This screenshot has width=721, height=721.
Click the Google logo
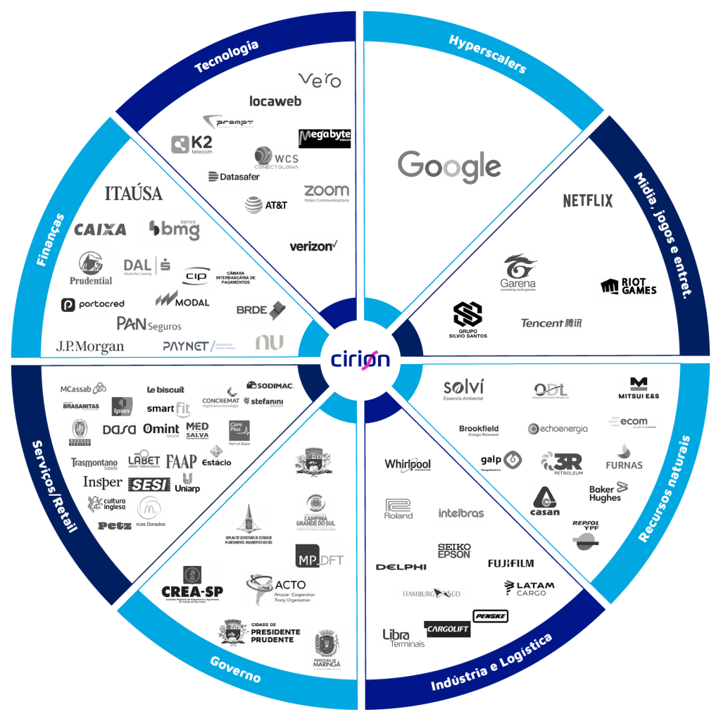(449, 168)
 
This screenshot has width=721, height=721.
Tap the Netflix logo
(588, 201)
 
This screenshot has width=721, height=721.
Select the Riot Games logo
(628, 287)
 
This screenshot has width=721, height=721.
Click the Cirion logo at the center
(360, 359)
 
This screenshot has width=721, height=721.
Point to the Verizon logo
(314, 246)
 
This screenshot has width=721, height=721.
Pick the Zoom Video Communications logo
(327, 193)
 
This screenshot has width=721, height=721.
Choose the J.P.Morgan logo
(90, 347)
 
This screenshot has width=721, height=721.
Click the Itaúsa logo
(134, 193)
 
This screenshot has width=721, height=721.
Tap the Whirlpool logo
(408, 465)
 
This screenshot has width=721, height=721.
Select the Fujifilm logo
(510, 563)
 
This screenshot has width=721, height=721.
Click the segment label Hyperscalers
(488, 54)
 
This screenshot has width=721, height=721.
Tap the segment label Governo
(235, 669)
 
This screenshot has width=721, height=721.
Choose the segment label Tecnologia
(226, 56)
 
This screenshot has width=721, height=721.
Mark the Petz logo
(114, 525)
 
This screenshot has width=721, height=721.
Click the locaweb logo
(275, 101)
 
